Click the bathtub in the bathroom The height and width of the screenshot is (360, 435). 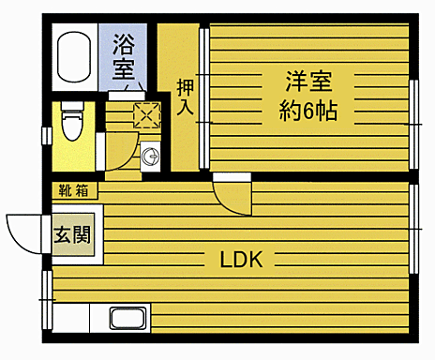click(73, 57)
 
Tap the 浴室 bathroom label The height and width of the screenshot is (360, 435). click(123, 56)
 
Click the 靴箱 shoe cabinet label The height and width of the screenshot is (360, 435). click(74, 190)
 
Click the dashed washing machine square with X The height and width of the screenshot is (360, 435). click(146, 115)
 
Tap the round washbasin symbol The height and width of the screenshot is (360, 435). click(149, 157)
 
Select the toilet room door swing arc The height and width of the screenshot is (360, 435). click(117, 155)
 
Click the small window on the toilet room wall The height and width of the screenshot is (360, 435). click(45, 134)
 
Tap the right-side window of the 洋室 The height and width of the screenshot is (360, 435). click(412, 114)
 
